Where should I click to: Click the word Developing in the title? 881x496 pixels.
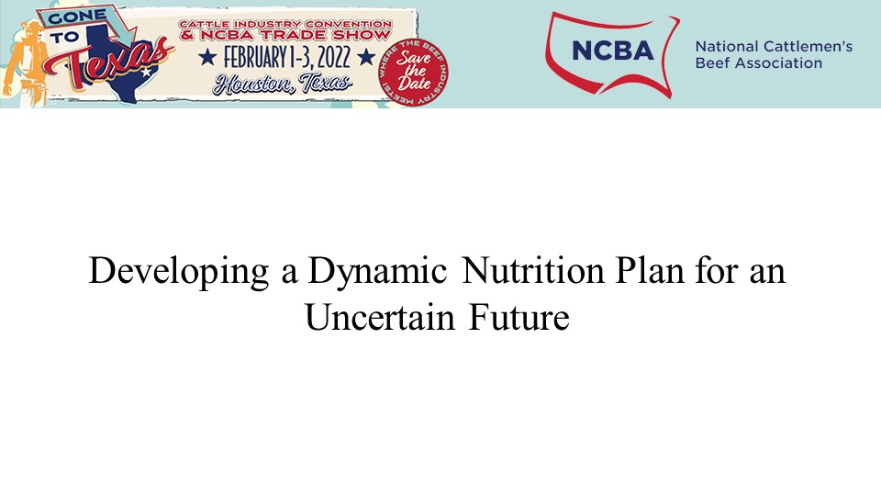point(179,272)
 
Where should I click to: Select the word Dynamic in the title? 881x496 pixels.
point(377,272)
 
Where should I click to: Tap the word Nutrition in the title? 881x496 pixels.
point(532,270)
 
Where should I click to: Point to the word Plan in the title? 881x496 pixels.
point(650,270)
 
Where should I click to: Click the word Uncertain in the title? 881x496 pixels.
point(380,317)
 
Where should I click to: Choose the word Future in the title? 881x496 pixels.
point(519,317)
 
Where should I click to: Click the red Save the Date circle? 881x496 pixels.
point(414,72)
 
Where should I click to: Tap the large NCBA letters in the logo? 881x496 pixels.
point(612,51)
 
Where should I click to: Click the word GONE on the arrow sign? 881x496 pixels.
point(77,17)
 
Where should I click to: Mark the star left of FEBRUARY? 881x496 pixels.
point(207,57)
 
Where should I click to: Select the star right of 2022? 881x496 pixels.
point(366,57)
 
